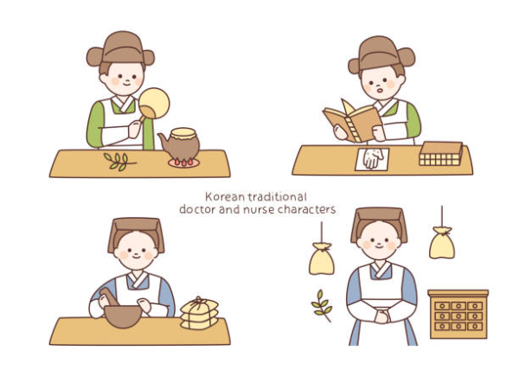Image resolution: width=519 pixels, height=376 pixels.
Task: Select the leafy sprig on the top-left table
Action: point(119,161)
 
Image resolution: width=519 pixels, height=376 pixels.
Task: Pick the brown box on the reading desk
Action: point(440,154)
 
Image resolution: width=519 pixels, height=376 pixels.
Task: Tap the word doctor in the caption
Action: point(196,210)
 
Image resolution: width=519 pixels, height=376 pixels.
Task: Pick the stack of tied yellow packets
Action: point(199,314)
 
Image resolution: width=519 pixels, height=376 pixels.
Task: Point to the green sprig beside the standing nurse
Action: point(322,304)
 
